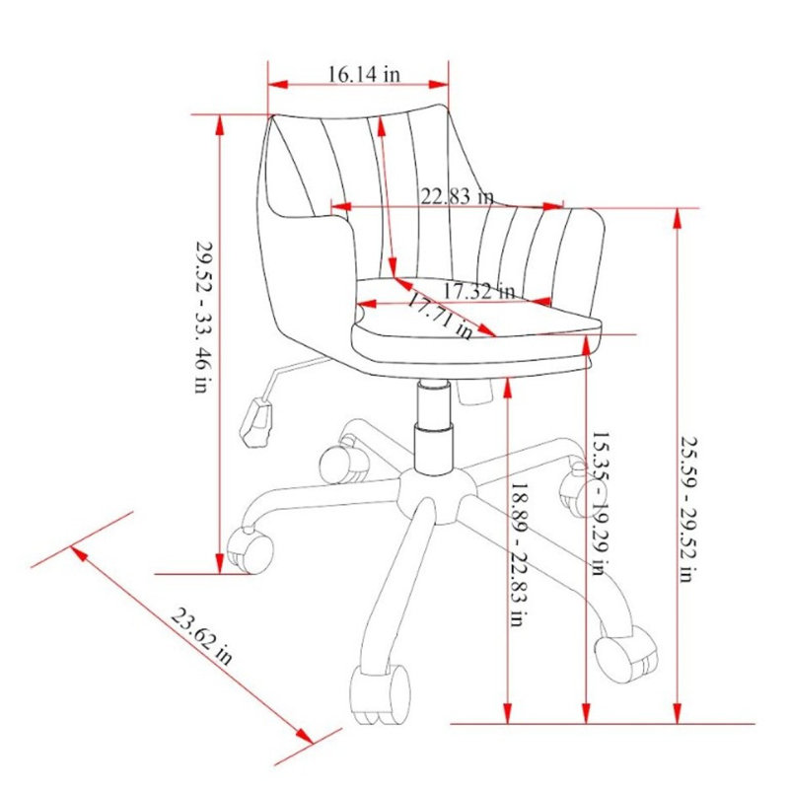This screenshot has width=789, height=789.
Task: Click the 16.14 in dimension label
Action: click(x=364, y=75)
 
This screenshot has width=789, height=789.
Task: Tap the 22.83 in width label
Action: click(x=457, y=195)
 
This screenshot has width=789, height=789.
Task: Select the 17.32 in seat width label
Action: click(x=479, y=291)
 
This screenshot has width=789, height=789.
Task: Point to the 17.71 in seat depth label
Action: click(x=440, y=317)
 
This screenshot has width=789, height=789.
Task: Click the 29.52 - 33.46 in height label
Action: click(x=204, y=317)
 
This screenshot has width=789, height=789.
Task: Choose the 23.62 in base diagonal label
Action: click(x=201, y=636)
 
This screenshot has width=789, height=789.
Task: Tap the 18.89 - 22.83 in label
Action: click(x=519, y=554)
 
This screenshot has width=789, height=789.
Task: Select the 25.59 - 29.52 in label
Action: click(x=688, y=509)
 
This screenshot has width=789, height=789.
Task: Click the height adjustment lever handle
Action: click(x=257, y=423)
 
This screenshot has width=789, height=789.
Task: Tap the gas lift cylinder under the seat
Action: click(x=434, y=428)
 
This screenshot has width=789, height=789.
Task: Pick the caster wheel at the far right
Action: click(x=626, y=654)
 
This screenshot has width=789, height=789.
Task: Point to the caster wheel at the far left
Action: click(x=250, y=552)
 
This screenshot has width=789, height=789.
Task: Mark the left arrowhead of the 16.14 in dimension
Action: click(x=278, y=85)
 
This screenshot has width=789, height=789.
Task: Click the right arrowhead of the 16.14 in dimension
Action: click(x=438, y=84)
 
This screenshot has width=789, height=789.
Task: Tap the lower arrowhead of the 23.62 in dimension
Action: click(x=305, y=735)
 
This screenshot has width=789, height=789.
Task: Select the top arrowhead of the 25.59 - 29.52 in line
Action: click(x=678, y=219)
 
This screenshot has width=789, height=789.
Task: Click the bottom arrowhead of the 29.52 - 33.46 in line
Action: click(x=219, y=562)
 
